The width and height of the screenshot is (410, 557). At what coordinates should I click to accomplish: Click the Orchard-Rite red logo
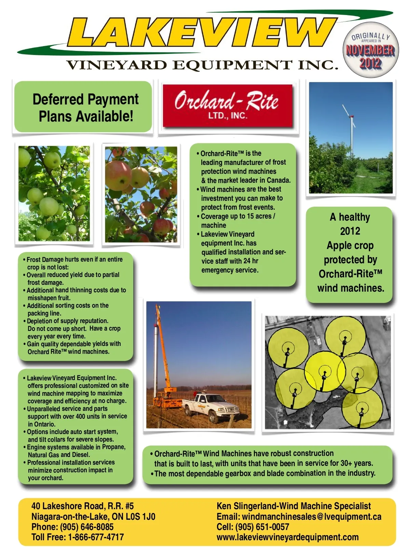(x=227, y=106)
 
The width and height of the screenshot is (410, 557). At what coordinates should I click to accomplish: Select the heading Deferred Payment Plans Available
(x=85, y=108)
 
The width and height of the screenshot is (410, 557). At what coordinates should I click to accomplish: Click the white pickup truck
(x=211, y=407)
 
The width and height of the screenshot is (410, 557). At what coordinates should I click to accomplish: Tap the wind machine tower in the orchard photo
(x=351, y=137)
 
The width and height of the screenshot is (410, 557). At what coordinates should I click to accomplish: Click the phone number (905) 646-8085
(x=87, y=527)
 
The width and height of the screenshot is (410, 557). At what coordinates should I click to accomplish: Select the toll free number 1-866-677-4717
(x=96, y=537)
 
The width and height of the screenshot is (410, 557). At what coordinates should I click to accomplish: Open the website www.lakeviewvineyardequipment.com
(x=288, y=537)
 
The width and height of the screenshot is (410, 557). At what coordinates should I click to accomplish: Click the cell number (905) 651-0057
(x=262, y=527)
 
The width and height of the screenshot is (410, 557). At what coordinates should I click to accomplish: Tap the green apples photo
(x=54, y=193)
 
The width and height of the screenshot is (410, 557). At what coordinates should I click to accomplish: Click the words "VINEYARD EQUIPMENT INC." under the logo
(x=202, y=65)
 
